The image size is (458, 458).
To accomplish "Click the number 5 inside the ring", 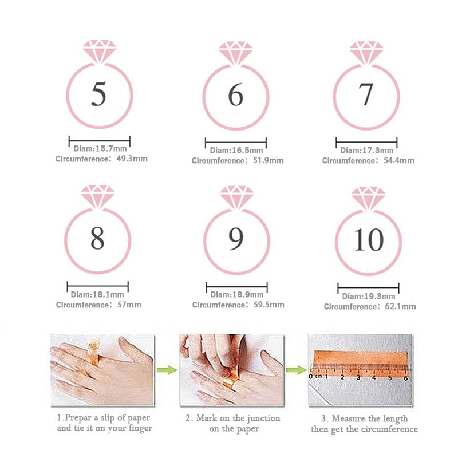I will click(99, 94).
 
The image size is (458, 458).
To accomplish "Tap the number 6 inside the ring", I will click(235, 95).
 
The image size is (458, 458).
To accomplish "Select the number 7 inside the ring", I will click(366, 94).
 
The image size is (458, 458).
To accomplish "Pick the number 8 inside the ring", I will click(97, 239).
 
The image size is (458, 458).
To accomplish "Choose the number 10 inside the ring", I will click(368, 240).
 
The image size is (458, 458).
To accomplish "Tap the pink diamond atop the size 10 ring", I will click(368, 198).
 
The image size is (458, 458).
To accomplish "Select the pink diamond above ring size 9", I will click(236, 197).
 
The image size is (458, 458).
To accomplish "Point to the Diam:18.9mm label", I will click(236, 295).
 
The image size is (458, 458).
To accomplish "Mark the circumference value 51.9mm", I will click(268, 161).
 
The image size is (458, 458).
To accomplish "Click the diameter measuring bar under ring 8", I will click(97, 285).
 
